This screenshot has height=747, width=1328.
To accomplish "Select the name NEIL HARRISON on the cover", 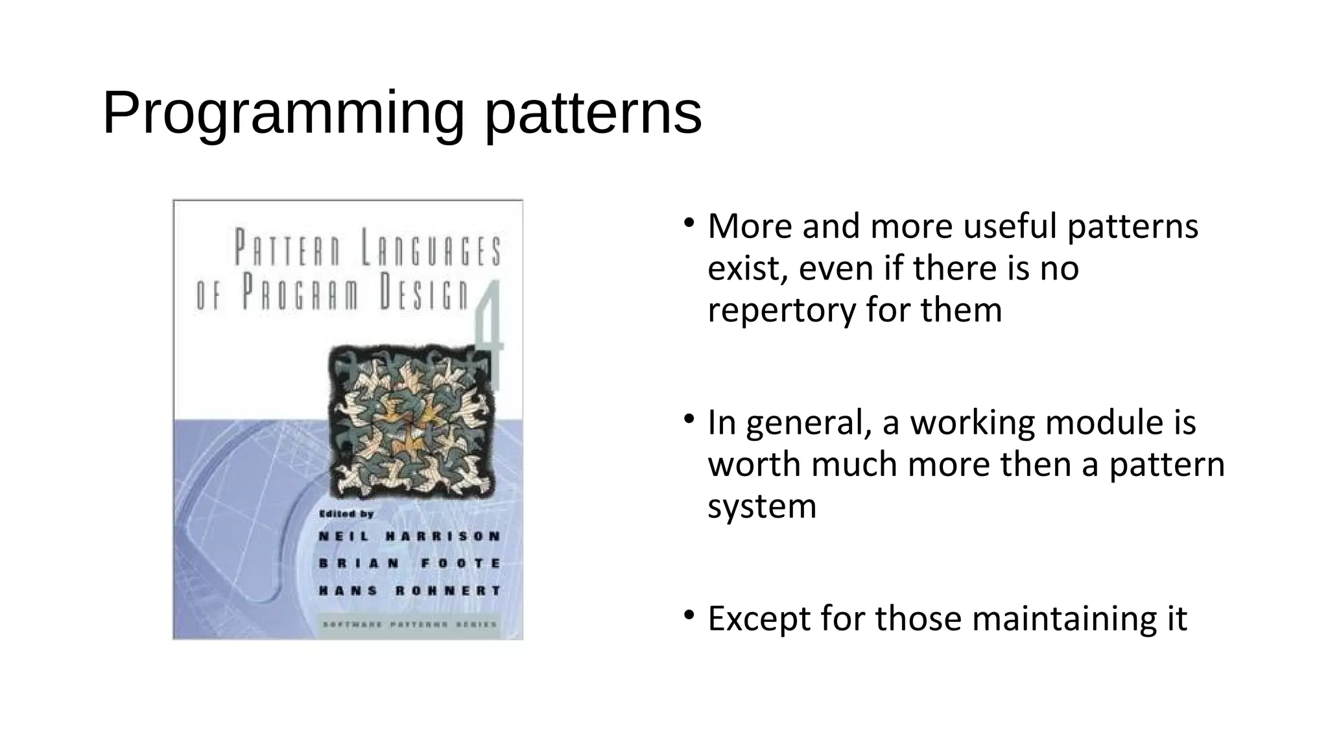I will (410, 536).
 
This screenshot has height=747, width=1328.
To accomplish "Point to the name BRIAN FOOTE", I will (410, 563).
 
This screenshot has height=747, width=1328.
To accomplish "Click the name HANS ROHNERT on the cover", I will (410, 591).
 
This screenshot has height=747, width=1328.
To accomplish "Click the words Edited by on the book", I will (346, 514).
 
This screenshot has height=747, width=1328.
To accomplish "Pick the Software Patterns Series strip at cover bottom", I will (410, 625).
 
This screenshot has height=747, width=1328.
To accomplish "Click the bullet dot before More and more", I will (689, 223).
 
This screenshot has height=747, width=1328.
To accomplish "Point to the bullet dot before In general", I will (689, 420).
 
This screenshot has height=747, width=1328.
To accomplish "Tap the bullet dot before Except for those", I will (689, 615).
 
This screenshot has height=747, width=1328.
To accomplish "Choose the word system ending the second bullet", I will (762, 506).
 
